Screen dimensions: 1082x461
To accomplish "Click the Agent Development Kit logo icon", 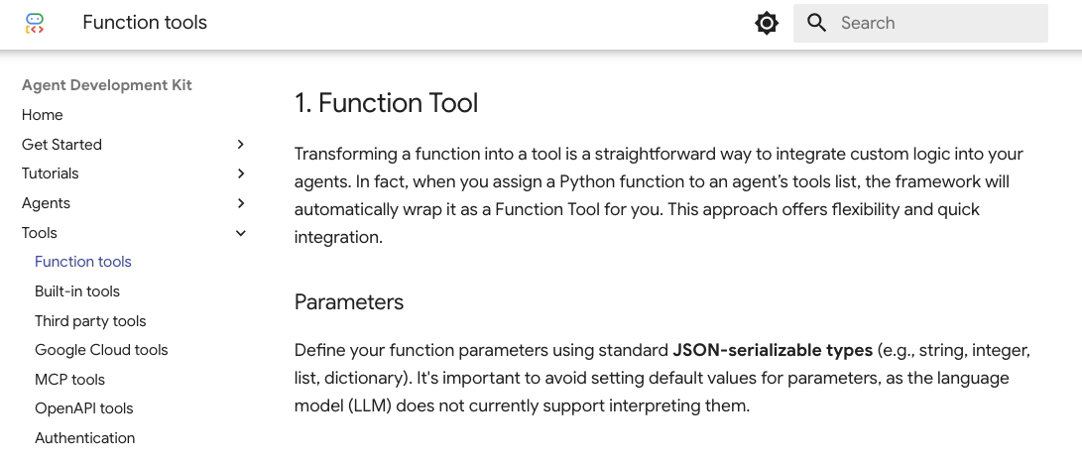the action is coord(35,23).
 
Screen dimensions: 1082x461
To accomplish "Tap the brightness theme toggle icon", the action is coord(766,23).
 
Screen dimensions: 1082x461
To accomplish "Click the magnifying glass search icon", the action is coord(816,23).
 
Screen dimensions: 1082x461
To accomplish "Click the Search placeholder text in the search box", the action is coord(868,23).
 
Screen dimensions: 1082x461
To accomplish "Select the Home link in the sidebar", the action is coord(42,115).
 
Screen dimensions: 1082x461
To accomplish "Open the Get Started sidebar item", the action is coord(61,144).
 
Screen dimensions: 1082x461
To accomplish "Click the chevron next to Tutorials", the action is coord(241,173).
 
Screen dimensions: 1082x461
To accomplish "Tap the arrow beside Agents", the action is coord(241,203).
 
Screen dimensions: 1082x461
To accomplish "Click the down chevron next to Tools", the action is coord(241,233).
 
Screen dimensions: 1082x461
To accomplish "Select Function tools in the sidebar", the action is coord(82,262).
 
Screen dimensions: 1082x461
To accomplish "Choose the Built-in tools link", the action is coord(77,291).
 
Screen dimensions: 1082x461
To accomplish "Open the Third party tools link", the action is coord(90,321).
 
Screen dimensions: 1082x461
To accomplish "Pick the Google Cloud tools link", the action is coord(101,350).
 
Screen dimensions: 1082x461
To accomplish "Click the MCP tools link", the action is coord(69,380).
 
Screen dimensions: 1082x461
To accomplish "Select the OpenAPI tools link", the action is coord(84,408).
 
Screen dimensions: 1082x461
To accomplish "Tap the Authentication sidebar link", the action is coord(85,438).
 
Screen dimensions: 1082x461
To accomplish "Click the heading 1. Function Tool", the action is coord(387,103).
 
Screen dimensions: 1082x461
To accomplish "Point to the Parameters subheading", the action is coord(349,302).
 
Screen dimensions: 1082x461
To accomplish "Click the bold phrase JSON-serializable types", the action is coord(773,351).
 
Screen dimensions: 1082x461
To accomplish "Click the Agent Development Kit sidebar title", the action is coord(107,85).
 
